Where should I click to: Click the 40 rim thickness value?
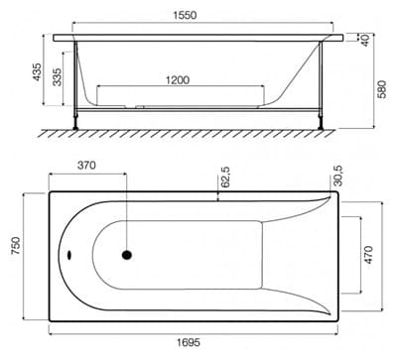(365, 40)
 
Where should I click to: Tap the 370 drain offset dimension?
(86, 165)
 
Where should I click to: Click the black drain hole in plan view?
(126, 254)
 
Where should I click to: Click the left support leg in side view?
(75, 121)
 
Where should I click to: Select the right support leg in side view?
(322, 121)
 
